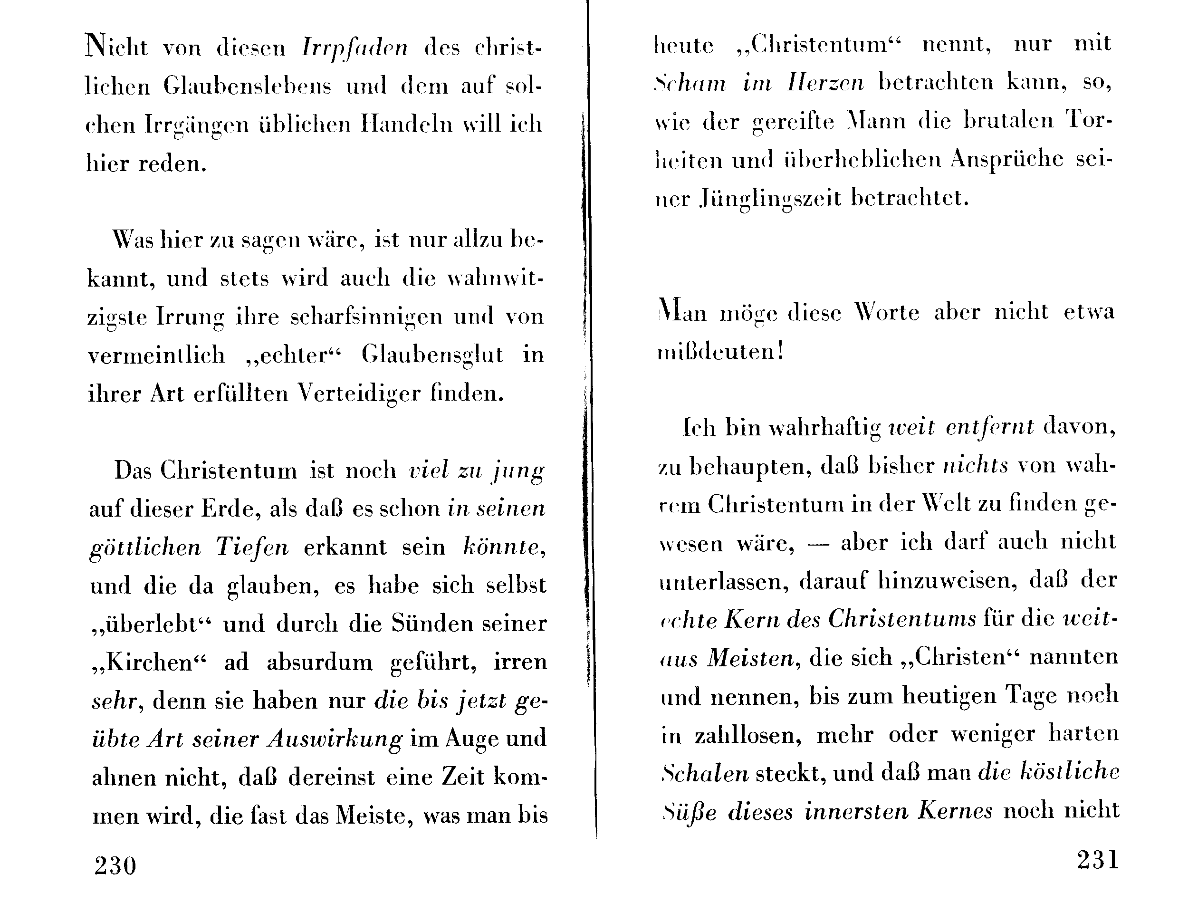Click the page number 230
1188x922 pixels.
(x=115, y=865)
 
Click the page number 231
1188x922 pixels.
(x=1098, y=860)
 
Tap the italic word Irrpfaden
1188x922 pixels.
(x=355, y=48)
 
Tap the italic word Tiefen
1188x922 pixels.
(x=252, y=547)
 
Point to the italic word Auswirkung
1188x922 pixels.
(x=335, y=739)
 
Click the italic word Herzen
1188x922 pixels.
(x=825, y=83)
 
